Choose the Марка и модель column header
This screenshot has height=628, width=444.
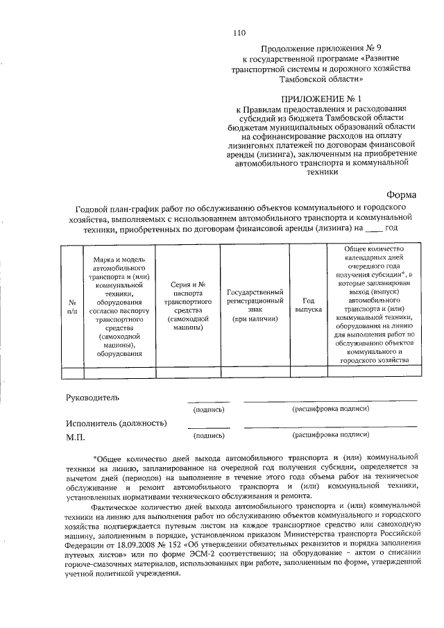point(115,306)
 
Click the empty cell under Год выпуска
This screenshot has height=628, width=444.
point(308,372)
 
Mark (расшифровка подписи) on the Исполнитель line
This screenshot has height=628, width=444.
point(330,435)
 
